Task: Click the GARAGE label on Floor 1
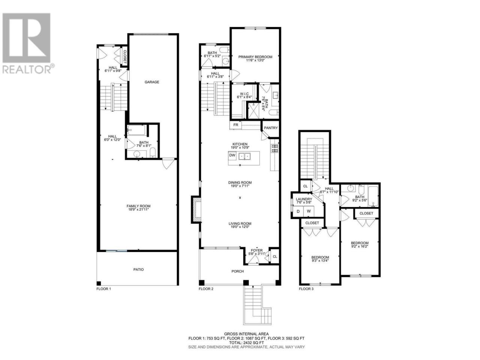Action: pos(152,82)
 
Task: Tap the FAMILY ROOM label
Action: pos(138,206)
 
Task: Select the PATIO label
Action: pos(139,270)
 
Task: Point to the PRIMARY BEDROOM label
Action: pos(255,57)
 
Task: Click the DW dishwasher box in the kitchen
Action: pos(232,155)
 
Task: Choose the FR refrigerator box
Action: pos(235,125)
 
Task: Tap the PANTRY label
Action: pos(271,128)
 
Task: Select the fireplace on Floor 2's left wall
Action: pos(196,210)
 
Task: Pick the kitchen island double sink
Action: pos(245,156)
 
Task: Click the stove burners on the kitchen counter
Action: pos(274,148)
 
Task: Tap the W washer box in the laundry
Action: pos(309,211)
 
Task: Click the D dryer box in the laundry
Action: pos(298,211)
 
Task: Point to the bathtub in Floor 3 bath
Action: pos(373,196)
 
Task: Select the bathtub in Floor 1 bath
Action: pos(136,130)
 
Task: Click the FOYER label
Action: pos(257,250)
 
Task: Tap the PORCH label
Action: pos(238,271)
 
